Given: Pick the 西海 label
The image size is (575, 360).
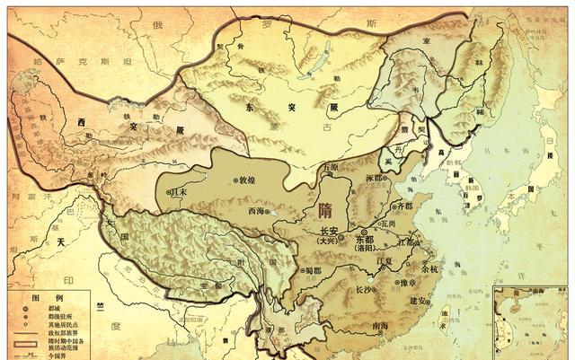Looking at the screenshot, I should pyautogui.click(x=257, y=212).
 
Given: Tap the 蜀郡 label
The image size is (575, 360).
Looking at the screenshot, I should pyautogui.click(x=313, y=269).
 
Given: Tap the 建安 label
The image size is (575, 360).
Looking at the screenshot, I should pyautogui.click(x=418, y=299).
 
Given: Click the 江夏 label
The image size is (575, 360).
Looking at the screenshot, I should pyautogui.click(x=387, y=261).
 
